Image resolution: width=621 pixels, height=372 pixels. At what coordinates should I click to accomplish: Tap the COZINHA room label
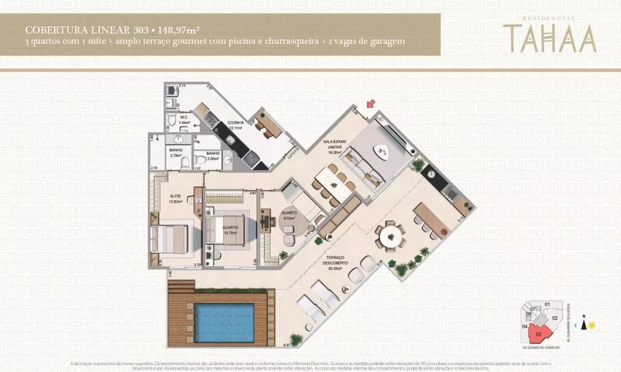pyautogui.click(x=234, y=125)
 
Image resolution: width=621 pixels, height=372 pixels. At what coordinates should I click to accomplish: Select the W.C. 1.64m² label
pyautogui.click(x=184, y=120)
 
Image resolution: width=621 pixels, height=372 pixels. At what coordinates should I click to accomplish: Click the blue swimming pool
pyautogui.click(x=224, y=322)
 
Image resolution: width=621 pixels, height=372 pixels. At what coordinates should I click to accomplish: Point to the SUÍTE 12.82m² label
pyautogui.click(x=176, y=198)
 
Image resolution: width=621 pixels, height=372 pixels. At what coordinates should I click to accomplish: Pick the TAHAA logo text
pyautogui.click(x=550, y=39)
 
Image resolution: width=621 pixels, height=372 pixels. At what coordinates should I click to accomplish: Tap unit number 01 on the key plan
pyautogui.click(x=547, y=304)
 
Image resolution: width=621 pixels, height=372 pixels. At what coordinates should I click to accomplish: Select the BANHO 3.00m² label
pyautogui.click(x=213, y=156)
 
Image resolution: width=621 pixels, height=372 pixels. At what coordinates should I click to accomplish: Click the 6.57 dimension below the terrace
pyautogui.click(x=287, y=344)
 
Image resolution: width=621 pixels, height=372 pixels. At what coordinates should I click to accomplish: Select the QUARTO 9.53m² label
pyautogui.click(x=289, y=215)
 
